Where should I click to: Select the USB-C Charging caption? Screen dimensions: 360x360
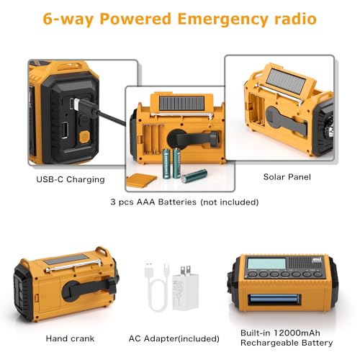click(x=70, y=179)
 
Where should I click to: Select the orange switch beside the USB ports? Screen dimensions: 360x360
click(x=84, y=134)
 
